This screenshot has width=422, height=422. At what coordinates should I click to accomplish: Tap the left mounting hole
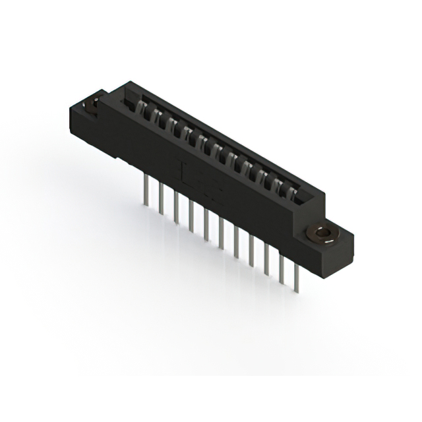pyautogui.click(x=90, y=103)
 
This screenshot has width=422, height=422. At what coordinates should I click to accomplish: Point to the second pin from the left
pyautogui.click(x=160, y=202)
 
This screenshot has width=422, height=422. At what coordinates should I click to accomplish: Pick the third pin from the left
pyautogui.click(x=175, y=211)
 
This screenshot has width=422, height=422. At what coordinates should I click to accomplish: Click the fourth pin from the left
pyautogui.click(x=191, y=219)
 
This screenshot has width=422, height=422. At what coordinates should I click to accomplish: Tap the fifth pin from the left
pyautogui.click(x=206, y=227)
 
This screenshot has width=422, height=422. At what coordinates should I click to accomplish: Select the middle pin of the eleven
pyautogui.click(x=221, y=235)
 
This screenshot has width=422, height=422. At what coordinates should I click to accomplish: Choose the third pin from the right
pyautogui.click(x=266, y=260)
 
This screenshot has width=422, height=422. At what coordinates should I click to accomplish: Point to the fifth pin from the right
pyautogui.click(x=236, y=243)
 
